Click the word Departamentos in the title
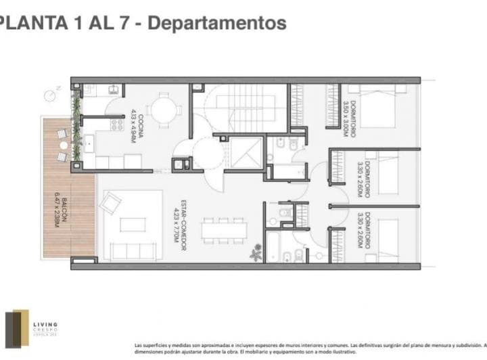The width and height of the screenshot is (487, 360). point(216,22)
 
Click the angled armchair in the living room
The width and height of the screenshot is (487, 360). point(110,203)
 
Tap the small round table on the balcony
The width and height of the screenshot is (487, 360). point(63,145)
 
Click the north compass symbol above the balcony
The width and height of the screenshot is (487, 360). point(50,95)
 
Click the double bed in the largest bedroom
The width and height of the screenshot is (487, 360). point(376,108)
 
